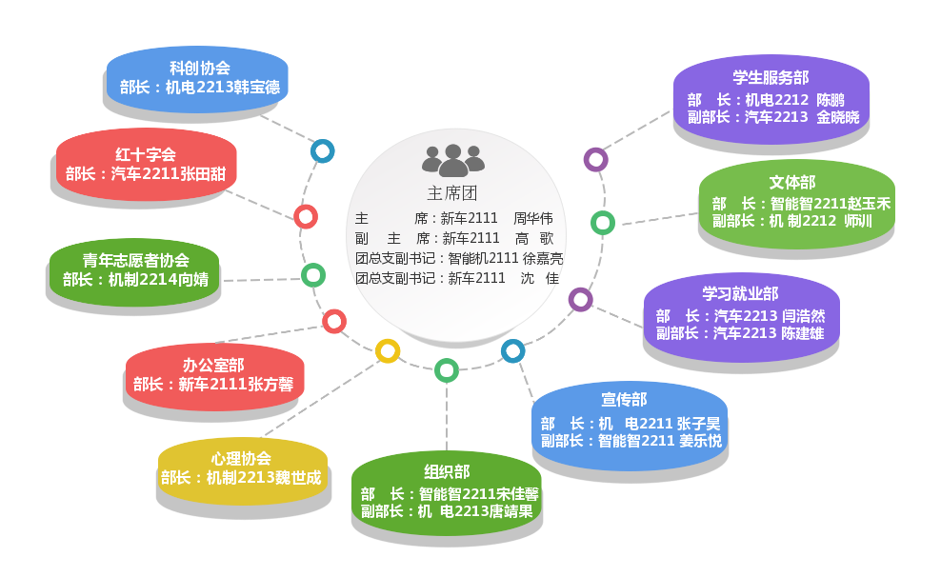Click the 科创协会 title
(x=199, y=68)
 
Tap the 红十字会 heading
(x=146, y=154)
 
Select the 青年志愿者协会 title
(x=135, y=260)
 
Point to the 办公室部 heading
(x=213, y=365)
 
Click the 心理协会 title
(x=241, y=458)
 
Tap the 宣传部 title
(x=624, y=400)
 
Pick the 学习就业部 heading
(x=740, y=293)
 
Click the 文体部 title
(x=792, y=182)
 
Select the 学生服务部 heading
(x=771, y=77)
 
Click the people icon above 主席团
(x=453, y=160)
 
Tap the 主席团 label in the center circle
(x=450, y=193)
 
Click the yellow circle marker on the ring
(x=388, y=351)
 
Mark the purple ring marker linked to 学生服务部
(x=595, y=159)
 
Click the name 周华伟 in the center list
(x=532, y=218)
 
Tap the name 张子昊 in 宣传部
(x=699, y=423)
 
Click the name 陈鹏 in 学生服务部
(x=830, y=99)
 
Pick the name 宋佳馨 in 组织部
(x=517, y=494)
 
